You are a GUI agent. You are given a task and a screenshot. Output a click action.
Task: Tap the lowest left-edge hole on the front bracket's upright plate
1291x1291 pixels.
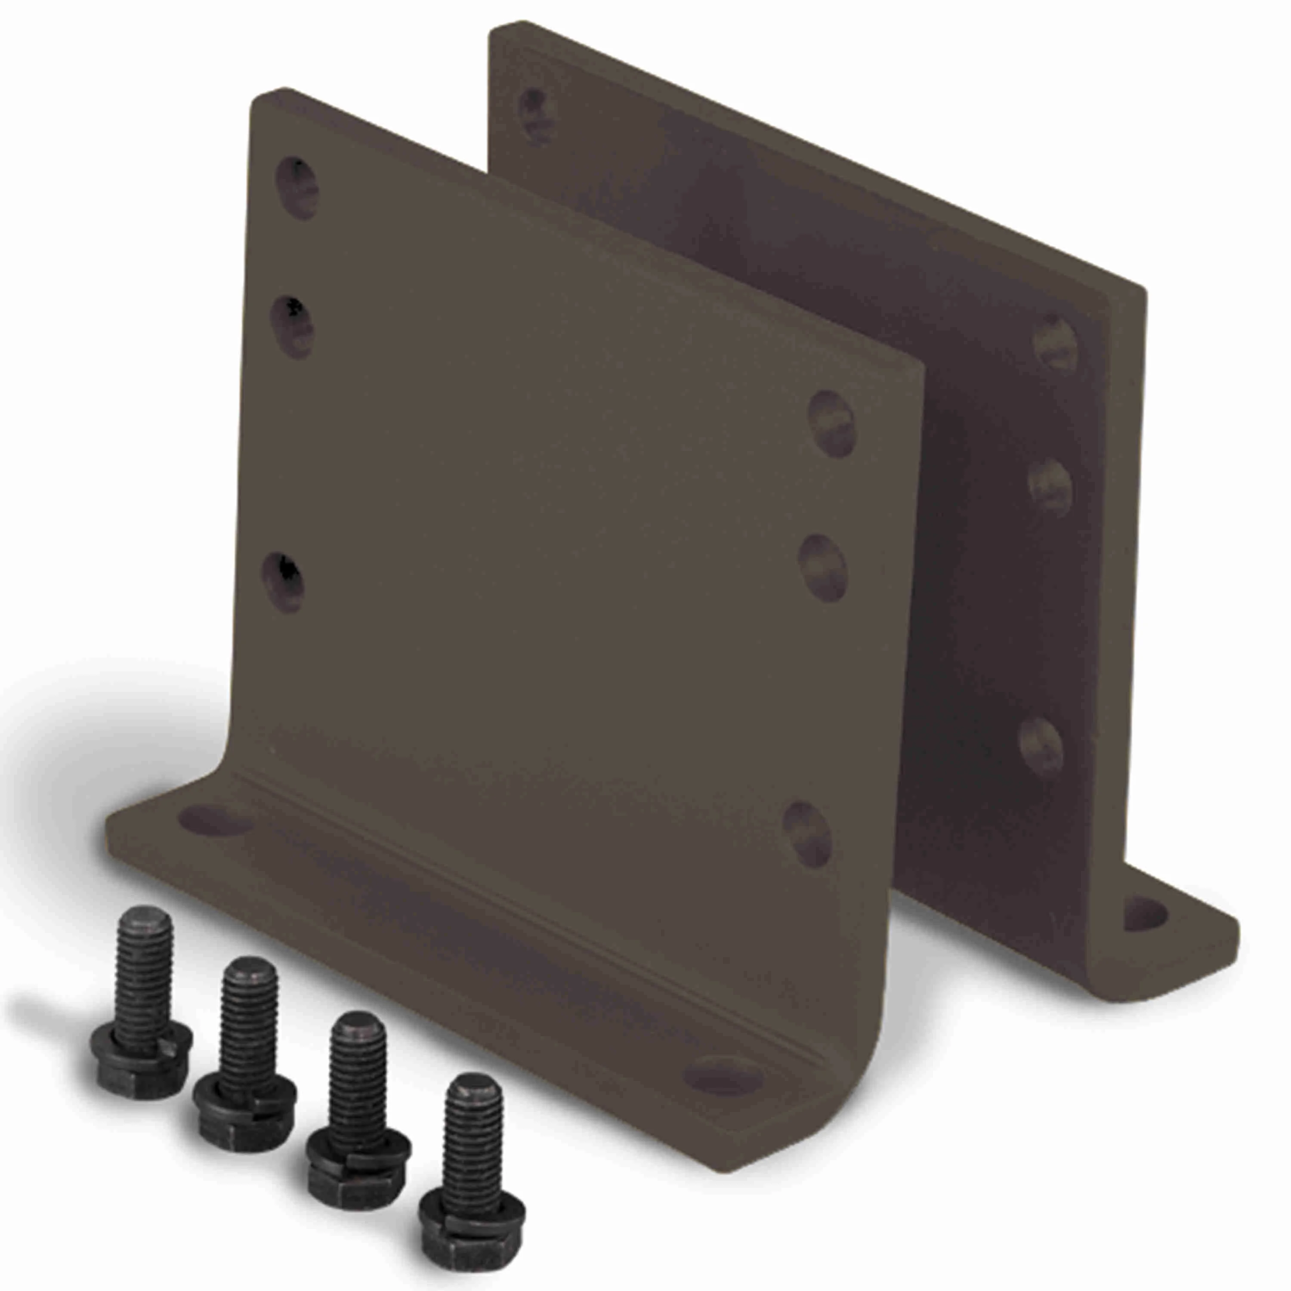pyautogui.click(x=283, y=584)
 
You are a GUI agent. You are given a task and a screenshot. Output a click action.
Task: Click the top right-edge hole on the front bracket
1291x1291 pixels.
pyautogui.click(x=831, y=423)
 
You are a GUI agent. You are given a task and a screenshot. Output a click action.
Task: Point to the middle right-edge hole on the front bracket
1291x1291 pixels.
pyautogui.click(x=822, y=568)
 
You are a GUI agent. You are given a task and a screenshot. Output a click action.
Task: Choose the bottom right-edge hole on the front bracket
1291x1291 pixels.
pyautogui.click(x=807, y=835)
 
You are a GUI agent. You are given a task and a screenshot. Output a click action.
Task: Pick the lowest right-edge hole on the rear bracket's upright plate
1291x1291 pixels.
pyautogui.click(x=1041, y=746)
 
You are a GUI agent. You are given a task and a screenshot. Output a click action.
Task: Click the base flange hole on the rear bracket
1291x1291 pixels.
pyautogui.click(x=1145, y=915)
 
